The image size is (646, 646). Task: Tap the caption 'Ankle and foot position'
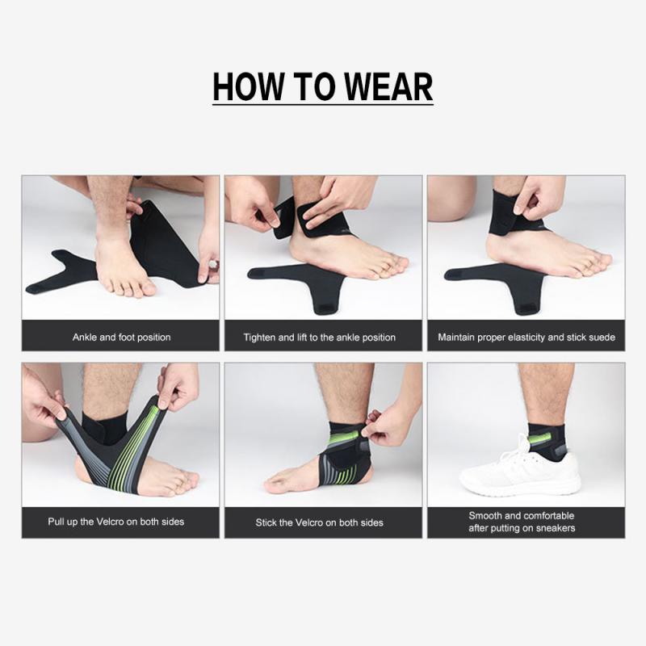pyautogui.click(x=121, y=337)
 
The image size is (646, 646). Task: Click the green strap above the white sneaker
pyautogui.click(x=539, y=438)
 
